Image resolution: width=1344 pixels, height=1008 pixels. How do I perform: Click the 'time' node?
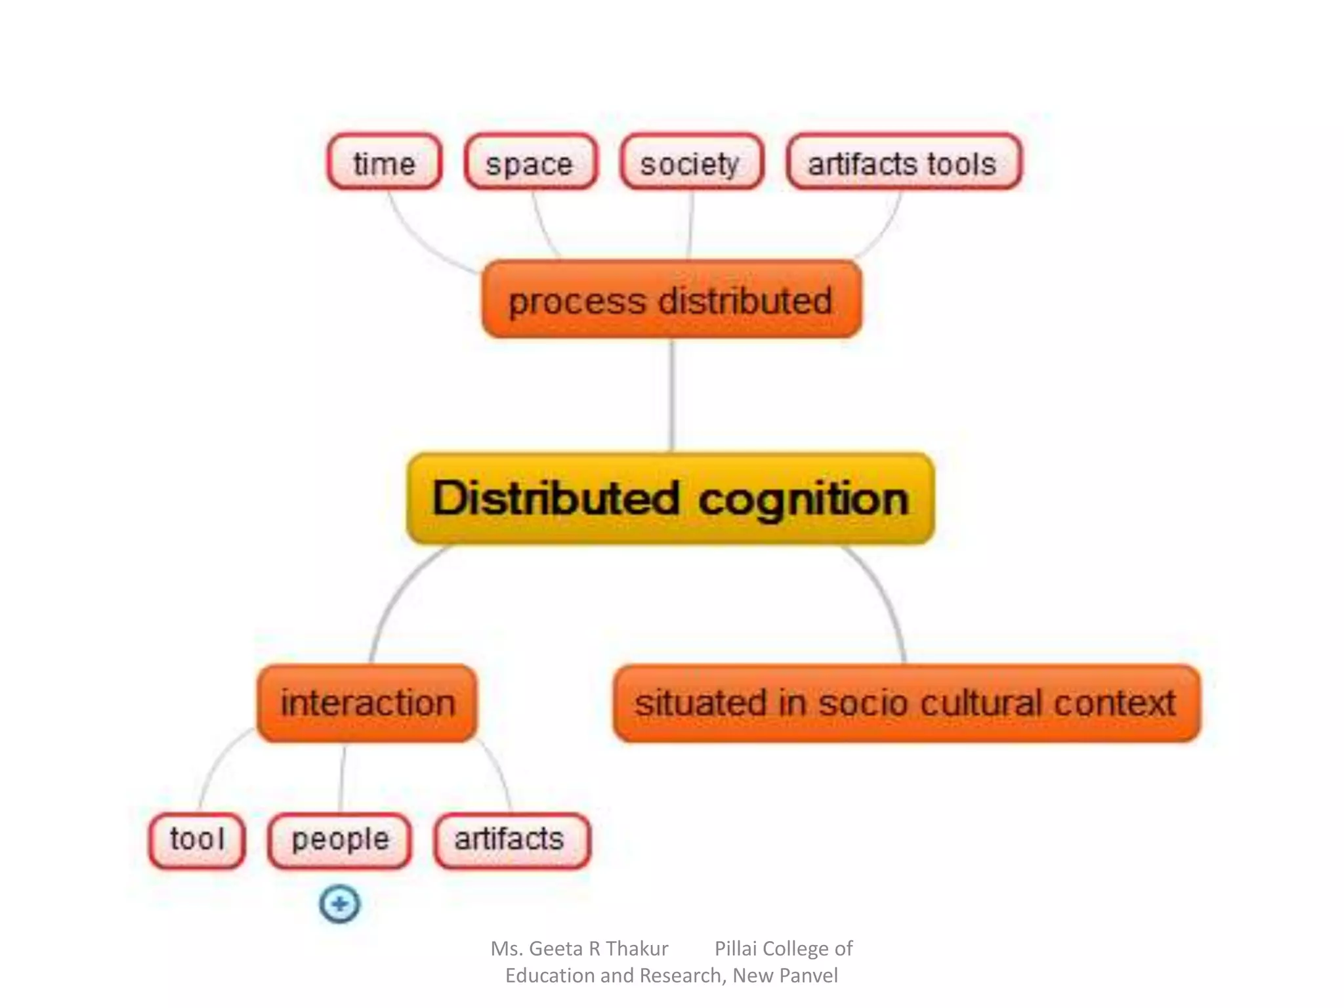click(385, 162)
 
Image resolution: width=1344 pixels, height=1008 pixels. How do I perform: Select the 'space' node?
click(530, 162)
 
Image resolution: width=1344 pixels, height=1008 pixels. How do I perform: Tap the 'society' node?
click(691, 162)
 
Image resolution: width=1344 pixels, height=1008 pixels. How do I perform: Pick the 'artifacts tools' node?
click(904, 162)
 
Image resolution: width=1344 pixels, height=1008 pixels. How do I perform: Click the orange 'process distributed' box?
click(671, 300)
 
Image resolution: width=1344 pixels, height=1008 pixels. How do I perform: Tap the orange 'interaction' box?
click(367, 703)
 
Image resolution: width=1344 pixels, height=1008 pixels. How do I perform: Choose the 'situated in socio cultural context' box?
click(906, 703)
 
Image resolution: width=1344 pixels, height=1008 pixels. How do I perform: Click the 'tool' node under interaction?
click(197, 840)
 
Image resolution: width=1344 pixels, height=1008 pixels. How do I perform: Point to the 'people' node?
click(340, 840)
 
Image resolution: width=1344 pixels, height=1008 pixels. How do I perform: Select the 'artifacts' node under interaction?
click(511, 840)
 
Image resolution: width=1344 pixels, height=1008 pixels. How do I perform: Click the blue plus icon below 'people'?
click(340, 904)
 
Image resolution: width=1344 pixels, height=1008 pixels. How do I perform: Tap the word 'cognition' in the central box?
click(803, 500)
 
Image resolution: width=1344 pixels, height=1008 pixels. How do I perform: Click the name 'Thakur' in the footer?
click(637, 948)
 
